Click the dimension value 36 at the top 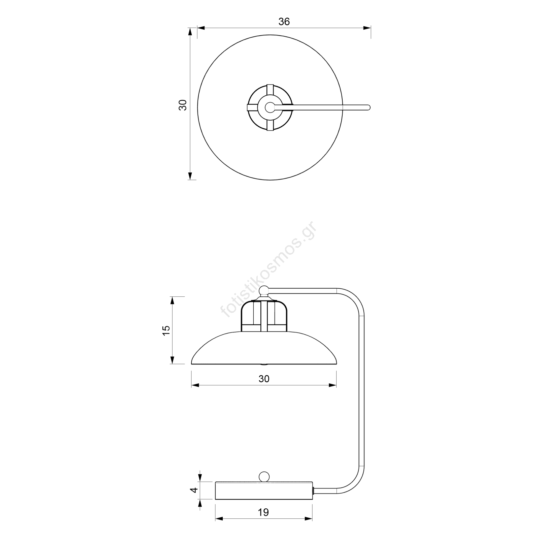coord(284,22)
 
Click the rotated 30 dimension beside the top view coord(182,105)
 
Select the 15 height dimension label coord(166,330)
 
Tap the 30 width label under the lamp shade coord(264,379)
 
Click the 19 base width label coord(263,512)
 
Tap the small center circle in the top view coord(269,107)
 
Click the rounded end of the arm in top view coord(368,107)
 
